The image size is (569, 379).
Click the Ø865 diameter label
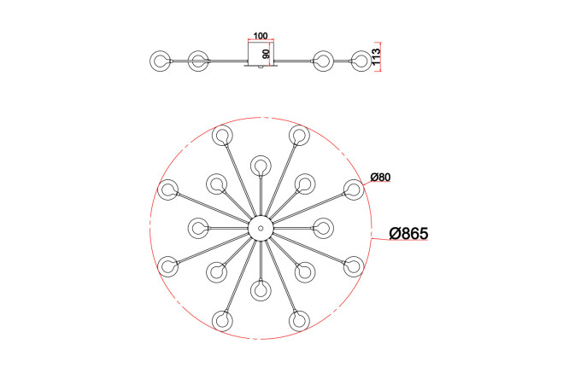408,233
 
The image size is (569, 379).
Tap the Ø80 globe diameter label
380,177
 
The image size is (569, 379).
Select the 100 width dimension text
261,36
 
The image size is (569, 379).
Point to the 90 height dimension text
266,55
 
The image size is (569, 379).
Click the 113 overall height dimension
376,56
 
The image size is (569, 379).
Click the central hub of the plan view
261,228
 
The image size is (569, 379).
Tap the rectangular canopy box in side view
261,54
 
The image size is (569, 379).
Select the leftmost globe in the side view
160,61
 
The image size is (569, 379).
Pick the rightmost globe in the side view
361,61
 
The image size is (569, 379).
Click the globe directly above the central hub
261,166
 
